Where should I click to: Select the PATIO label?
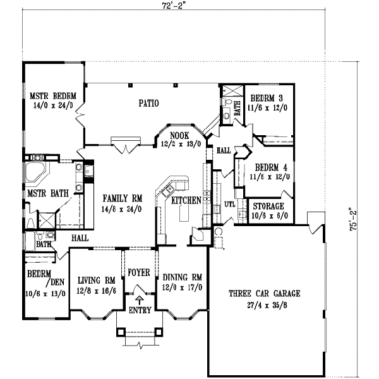[x=148, y=103]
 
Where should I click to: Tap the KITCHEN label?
[x=186, y=200]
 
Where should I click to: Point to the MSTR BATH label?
[x=47, y=193]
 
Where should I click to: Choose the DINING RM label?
[x=182, y=277]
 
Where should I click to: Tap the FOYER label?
[x=138, y=273]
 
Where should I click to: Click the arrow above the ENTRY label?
[x=138, y=301]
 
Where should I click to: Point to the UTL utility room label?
[x=230, y=205]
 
